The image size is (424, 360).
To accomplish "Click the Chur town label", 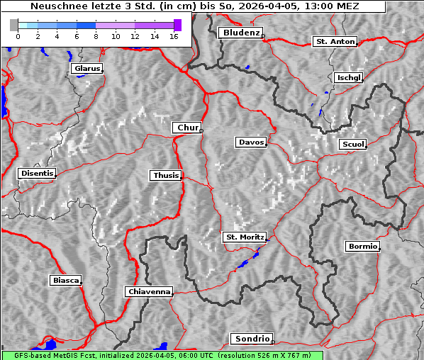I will click(187, 128).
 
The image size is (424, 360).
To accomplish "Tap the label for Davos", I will click(251, 142).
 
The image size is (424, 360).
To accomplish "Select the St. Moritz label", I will click(244, 237).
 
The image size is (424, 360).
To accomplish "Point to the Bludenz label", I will click(240, 33).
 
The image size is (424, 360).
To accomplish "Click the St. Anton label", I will click(334, 42).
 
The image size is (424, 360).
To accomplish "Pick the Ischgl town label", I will click(349, 77).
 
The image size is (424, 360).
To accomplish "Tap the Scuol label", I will click(352, 145).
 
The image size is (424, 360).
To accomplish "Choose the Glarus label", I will click(86, 69).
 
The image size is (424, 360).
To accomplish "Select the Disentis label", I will click(37, 173).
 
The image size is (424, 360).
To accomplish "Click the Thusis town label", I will click(165, 175).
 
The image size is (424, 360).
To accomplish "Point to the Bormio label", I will click(362, 247).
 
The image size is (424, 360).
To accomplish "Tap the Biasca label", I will click(65, 281).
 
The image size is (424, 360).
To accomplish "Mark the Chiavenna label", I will click(149, 291).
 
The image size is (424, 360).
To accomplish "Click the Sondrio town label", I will click(251, 339).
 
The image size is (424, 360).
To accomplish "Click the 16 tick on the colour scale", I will click(174, 35).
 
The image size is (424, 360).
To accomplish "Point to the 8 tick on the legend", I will click(96, 35).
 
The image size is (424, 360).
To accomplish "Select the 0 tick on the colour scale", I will click(18, 35).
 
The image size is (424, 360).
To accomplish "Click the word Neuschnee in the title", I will click(55, 6).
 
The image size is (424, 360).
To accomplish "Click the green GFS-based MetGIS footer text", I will click(162, 355).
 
